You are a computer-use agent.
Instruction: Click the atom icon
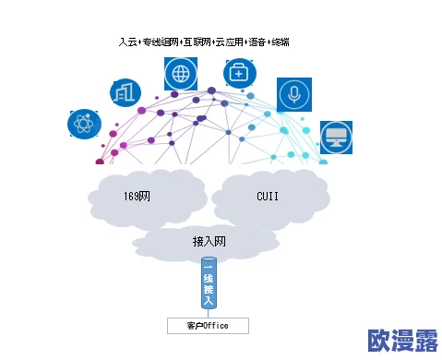point(84,124)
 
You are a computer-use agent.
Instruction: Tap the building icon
point(125,91)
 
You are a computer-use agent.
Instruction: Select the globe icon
point(180,73)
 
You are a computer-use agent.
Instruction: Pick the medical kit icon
point(240,73)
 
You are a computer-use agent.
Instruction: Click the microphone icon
point(294,94)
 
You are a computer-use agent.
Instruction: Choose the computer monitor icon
point(336,138)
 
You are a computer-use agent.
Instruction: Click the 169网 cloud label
point(137,197)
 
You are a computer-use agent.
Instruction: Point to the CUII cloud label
point(268,197)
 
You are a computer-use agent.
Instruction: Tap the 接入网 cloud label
point(209,242)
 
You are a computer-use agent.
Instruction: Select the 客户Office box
point(208,326)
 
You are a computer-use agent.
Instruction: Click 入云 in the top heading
point(127,42)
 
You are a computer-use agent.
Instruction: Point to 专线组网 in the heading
point(160,42)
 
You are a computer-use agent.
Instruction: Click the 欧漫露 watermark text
point(402,341)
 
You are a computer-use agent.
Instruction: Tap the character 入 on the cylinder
point(209,300)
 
